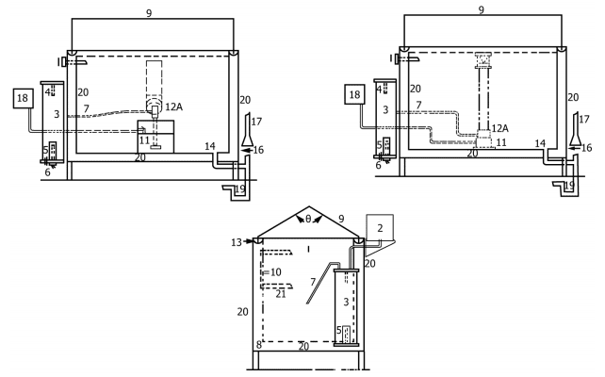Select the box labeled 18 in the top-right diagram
[x=353, y=95]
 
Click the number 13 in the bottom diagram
[x=235, y=242]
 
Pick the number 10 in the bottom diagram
[x=276, y=272]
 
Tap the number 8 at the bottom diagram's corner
[x=258, y=346]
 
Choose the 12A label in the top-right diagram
[x=500, y=128]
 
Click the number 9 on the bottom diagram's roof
[x=340, y=219]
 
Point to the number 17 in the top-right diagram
[x=584, y=120]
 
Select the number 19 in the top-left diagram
[x=240, y=188]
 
